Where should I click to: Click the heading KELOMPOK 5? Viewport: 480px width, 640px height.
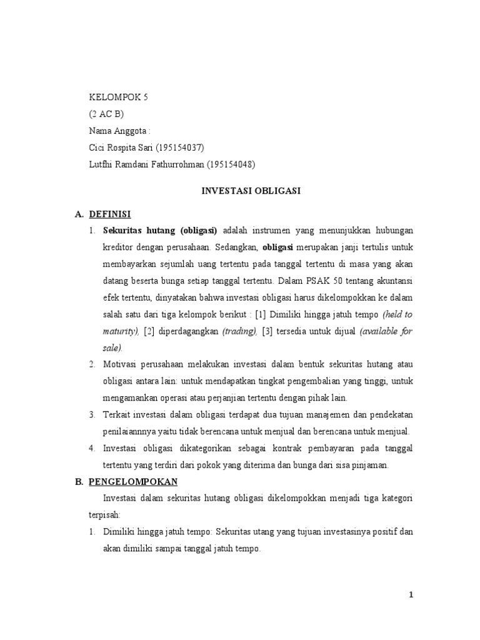(119, 97)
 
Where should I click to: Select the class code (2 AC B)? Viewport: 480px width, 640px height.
(107, 114)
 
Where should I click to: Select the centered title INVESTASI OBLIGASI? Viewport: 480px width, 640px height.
(251, 191)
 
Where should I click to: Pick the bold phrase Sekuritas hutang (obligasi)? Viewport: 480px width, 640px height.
(160, 230)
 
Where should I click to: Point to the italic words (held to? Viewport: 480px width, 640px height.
(397, 314)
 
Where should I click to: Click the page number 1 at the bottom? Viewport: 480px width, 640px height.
(411, 595)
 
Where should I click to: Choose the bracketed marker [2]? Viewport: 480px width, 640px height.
(149, 331)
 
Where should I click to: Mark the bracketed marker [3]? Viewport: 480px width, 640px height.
(269, 331)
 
